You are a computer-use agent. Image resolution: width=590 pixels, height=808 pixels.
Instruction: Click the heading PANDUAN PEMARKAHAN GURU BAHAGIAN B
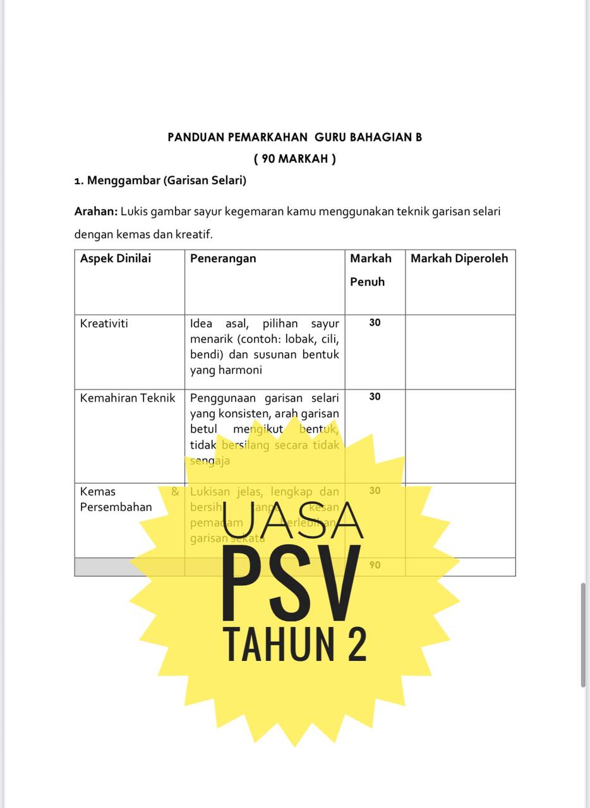(294, 137)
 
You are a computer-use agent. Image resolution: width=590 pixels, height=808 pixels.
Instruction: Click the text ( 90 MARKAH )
(294, 158)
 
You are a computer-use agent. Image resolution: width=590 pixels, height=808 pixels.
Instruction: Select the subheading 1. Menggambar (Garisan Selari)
(160, 181)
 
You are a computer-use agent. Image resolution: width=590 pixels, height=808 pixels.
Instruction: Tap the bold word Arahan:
(96, 211)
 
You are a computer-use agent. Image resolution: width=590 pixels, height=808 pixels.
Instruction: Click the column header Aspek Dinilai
(116, 258)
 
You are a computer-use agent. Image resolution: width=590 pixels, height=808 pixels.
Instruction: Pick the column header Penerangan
(223, 258)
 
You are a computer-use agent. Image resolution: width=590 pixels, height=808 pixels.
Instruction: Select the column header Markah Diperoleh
(459, 258)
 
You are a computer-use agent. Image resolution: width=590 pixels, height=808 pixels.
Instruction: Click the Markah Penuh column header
(371, 270)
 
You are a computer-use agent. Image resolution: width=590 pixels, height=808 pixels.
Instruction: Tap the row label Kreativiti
(104, 323)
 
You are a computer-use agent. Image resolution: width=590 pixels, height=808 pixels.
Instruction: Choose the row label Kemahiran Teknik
(128, 398)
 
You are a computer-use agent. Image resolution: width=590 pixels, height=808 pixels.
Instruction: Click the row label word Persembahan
(116, 507)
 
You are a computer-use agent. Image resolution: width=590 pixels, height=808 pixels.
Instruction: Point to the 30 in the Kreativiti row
(375, 323)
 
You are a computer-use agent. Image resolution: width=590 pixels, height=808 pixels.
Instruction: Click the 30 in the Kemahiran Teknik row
(375, 397)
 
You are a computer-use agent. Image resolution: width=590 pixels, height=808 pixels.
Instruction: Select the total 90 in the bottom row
(375, 565)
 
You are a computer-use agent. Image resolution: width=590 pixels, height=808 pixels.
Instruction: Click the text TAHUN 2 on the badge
(295, 645)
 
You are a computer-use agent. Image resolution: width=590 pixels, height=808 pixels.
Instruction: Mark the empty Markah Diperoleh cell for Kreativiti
(460, 352)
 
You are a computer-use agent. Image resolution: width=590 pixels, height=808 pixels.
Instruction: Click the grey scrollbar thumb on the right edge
(583, 634)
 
